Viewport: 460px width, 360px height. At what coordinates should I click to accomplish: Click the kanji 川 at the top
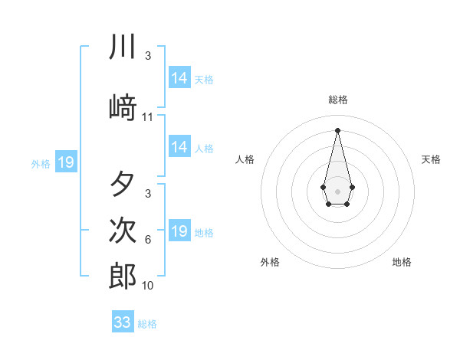click(123, 47)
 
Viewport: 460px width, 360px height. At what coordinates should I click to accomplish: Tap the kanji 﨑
click(123, 107)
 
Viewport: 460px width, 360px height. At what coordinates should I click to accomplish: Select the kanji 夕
click(123, 185)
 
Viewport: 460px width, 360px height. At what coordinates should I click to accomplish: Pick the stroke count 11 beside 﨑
click(148, 117)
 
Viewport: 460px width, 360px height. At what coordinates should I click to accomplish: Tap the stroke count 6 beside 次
click(148, 240)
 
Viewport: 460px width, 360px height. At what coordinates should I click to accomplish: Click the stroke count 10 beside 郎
click(148, 286)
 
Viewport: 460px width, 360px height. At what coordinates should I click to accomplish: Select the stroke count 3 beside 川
click(148, 56)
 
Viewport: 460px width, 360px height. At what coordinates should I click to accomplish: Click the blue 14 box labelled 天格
click(179, 78)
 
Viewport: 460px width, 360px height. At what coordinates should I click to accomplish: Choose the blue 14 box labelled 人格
click(179, 147)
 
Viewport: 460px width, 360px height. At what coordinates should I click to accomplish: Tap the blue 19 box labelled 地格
click(179, 231)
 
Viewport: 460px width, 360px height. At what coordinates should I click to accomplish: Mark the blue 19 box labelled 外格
click(65, 162)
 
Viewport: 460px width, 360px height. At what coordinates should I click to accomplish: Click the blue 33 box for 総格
click(123, 322)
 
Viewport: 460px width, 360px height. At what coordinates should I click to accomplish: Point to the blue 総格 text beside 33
click(147, 324)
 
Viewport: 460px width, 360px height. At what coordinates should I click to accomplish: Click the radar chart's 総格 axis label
click(337, 100)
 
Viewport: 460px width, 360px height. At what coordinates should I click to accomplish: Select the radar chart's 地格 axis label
click(402, 262)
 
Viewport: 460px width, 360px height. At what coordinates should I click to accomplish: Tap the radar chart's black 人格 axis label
click(245, 159)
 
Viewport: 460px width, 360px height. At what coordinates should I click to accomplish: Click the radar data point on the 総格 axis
click(337, 130)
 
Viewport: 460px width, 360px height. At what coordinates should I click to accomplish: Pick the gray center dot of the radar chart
click(337, 190)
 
